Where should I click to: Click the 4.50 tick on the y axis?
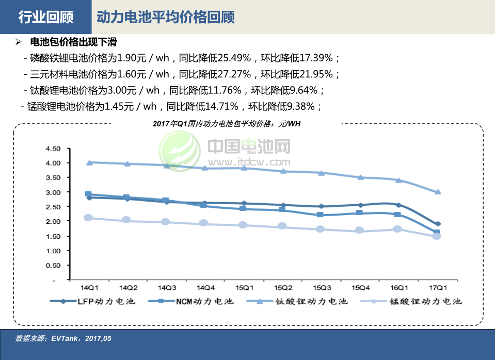click(x=53, y=149)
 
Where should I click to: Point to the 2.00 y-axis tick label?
click(x=53, y=221)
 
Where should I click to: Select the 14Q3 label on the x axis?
click(x=167, y=287)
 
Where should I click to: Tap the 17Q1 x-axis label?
click(x=438, y=287)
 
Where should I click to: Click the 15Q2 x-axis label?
click(x=283, y=287)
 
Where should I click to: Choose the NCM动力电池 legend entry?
click(x=190, y=301)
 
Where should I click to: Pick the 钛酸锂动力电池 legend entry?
click(x=297, y=301)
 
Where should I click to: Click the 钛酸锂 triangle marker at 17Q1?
click(x=438, y=192)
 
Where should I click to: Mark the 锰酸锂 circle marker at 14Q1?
click(x=88, y=218)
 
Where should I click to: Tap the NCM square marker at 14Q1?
click(x=88, y=194)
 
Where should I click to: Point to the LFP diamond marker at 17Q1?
click(x=438, y=224)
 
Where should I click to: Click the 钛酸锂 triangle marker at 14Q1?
click(x=89, y=162)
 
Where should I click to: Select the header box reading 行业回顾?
click(x=45, y=17)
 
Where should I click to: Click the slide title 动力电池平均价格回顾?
click(x=165, y=17)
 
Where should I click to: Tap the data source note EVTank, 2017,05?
click(x=63, y=339)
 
